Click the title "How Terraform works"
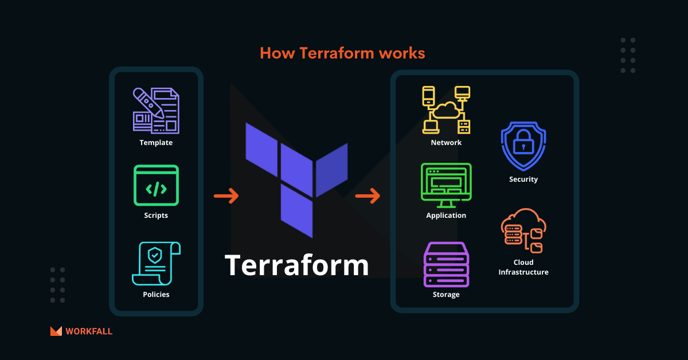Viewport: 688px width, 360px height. click(342, 53)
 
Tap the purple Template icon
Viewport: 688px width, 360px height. click(156, 110)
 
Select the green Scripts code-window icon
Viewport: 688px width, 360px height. click(156, 185)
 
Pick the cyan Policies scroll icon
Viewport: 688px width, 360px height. click(156, 263)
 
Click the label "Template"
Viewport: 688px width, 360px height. click(156, 143)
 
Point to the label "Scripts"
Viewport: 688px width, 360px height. click(156, 216)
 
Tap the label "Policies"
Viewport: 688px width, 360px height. click(156, 295)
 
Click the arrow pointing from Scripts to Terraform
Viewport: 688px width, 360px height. click(226, 196)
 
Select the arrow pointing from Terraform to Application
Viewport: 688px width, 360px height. click(368, 196)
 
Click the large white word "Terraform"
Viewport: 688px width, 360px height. click(296, 265)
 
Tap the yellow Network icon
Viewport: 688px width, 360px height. click(446, 109)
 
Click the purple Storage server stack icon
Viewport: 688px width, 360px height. click(446, 264)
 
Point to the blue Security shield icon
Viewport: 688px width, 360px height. click(523, 146)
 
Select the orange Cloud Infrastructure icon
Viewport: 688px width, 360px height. click(523, 231)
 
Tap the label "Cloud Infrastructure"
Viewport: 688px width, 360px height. click(523, 267)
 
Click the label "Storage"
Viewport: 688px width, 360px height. click(446, 295)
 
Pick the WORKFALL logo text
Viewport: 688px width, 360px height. click(89, 331)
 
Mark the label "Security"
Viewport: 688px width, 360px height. click(523, 179)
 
